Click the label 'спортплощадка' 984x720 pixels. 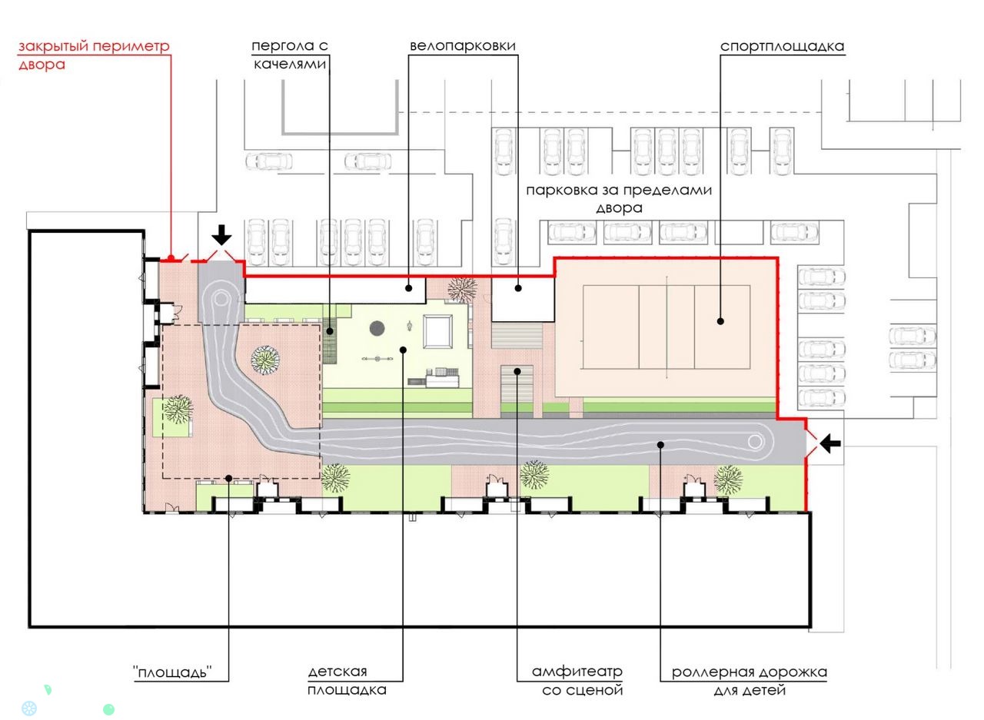pyautogui.click(x=783, y=46)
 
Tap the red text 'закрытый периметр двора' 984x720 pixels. pyautogui.click(x=94, y=55)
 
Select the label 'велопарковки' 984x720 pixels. pyautogui.click(x=463, y=45)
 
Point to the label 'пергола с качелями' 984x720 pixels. pyautogui.click(x=290, y=55)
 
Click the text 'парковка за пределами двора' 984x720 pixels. pyautogui.click(x=619, y=198)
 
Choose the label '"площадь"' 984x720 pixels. pyautogui.click(x=173, y=672)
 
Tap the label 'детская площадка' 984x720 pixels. pyautogui.click(x=347, y=681)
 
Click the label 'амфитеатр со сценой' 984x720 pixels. pyautogui.click(x=577, y=681)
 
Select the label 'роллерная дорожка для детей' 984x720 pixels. pyautogui.click(x=750, y=681)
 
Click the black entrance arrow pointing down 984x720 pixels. pyautogui.click(x=221, y=235)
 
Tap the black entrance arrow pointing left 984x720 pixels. pyautogui.click(x=829, y=443)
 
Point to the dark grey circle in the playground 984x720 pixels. pyautogui.click(x=377, y=328)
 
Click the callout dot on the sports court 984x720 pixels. pyautogui.click(x=720, y=321)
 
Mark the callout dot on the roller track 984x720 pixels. pyautogui.click(x=660, y=445)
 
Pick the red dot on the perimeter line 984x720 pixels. pyautogui.click(x=171, y=258)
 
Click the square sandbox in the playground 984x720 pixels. pyautogui.click(x=437, y=331)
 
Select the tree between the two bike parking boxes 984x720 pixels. pyautogui.click(x=462, y=290)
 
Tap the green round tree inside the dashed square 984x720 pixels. pyautogui.click(x=265, y=360)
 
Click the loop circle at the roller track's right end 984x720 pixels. pyautogui.click(x=755, y=442)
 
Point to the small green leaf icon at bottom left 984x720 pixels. pyautogui.click(x=48, y=690)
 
